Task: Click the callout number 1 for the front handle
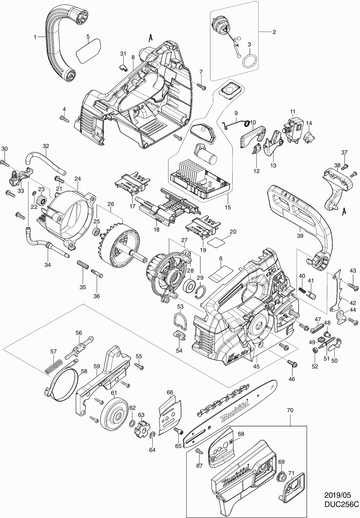tap(35, 37)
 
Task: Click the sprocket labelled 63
tap(140, 429)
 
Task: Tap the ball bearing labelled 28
tap(189, 286)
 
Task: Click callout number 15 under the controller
tap(228, 207)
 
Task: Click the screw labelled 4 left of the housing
tap(64, 119)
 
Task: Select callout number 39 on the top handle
tap(300, 236)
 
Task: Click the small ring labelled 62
tap(131, 424)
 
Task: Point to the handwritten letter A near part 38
tap(344, 211)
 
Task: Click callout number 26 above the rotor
tap(111, 204)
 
